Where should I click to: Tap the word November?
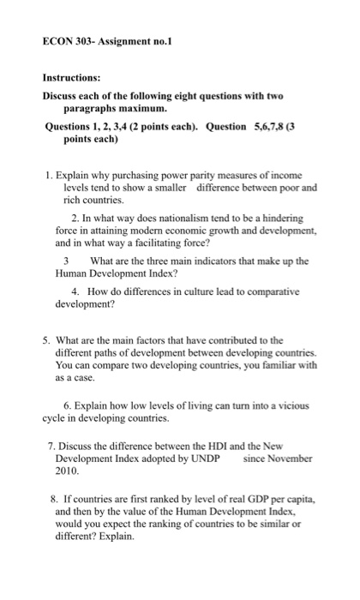coord(289,459)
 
